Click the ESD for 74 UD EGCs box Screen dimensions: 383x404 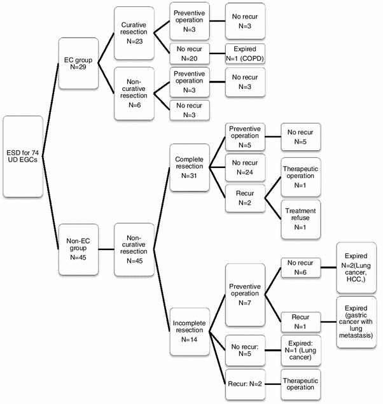click(x=23, y=157)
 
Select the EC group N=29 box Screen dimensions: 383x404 click(x=78, y=64)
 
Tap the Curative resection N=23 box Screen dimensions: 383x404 click(x=134, y=33)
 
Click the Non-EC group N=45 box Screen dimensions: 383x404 click(x=78, y=249)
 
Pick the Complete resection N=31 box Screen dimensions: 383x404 click(x=190, y=167)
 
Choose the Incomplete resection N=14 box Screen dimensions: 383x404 click(x=190, y=331)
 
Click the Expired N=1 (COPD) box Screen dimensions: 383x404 click(x=245, y=53)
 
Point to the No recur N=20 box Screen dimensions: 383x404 click(x=190, y=53)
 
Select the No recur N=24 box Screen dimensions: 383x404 click(x=245, y=167)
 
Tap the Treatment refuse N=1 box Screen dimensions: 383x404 click(x=301, y=219)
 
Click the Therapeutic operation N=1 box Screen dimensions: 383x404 click(x=301, y=177)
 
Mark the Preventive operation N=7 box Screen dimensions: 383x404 click(x=245, y=295)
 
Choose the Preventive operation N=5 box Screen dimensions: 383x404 click(x=245, y=137)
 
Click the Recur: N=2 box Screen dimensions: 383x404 click(x=245, y=384)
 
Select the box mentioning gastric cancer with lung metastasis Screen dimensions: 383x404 click(x=356, y=322)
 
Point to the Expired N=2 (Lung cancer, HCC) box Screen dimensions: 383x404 click(x=356, y=267)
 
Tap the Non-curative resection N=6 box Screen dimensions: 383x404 click(x=134, y=94)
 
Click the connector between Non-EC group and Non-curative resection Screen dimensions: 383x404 click(x=106, y=249)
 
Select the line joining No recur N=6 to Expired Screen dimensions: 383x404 click(x=329, y=267)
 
